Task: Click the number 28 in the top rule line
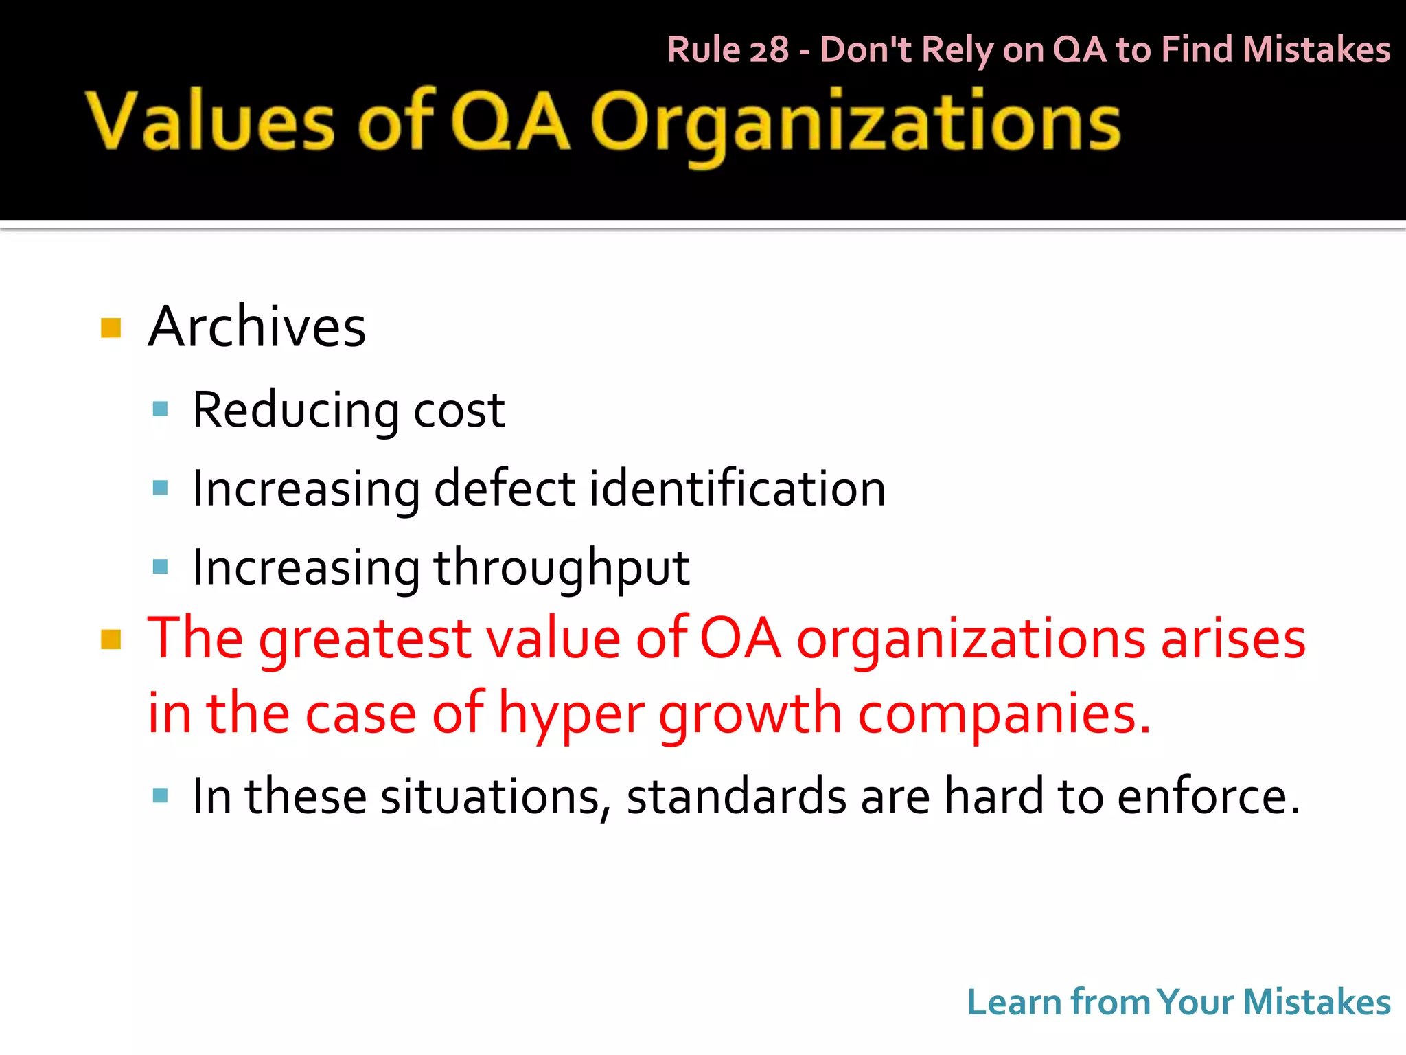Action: point(769,50)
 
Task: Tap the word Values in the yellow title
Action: point(210,122)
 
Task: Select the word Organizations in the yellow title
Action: point(855,124)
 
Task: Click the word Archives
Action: point(257,327)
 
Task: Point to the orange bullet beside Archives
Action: point(111,328)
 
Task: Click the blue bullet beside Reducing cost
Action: point(161,410)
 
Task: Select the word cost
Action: point(459,411)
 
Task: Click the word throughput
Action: point(561,569)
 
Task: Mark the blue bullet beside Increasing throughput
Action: point(161,567)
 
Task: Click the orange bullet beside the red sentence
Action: point(111,639)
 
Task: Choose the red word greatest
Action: point(365,640)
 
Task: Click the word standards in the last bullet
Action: point(736,797)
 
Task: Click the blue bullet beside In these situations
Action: point(161,796)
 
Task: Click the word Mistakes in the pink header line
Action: point(1316,50)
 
